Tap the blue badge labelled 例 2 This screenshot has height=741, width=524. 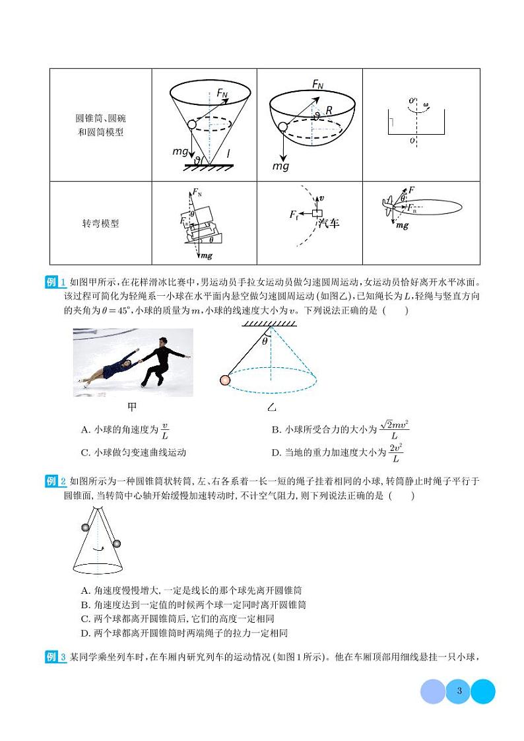point(55,481)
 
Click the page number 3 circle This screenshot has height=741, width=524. point(458,691)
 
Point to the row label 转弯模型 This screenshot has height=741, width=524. point(96,223)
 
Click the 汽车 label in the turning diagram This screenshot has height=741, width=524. point(328,223)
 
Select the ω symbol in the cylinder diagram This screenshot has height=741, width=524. point(426,104)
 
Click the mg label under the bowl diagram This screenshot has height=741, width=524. point(281,166)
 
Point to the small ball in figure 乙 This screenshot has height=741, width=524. point(225,380)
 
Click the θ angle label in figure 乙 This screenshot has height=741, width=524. point(265,341)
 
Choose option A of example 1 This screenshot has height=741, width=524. point(125,431)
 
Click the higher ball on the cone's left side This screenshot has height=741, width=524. point(84,527)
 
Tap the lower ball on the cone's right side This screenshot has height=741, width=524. point(117,544)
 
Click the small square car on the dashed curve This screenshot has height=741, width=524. point(317,213)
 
